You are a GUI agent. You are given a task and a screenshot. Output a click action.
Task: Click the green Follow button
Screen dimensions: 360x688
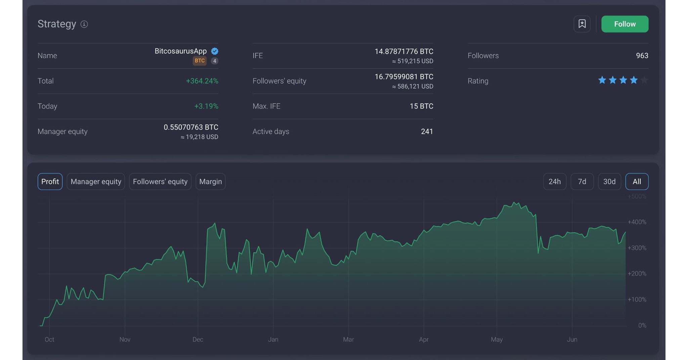point(625,24)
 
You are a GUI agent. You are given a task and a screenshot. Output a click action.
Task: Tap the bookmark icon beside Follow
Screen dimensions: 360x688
point(582,24)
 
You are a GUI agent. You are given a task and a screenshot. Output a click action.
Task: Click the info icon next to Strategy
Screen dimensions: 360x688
point(84,24)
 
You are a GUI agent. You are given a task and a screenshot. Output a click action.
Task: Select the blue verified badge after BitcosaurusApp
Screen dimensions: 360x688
point(215,51)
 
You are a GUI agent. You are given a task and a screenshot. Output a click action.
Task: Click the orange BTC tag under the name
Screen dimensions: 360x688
point(200,61)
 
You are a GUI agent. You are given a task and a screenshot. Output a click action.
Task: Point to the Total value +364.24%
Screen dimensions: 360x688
point(202,81)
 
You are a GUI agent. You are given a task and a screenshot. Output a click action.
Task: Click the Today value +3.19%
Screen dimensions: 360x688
point(206,106)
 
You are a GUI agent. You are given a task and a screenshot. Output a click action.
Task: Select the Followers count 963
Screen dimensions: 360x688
point(642,56)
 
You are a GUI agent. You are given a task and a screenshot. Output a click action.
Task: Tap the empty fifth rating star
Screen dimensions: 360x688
point(644,80)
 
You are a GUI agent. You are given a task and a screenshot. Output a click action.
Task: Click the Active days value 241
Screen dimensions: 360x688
point(427,131)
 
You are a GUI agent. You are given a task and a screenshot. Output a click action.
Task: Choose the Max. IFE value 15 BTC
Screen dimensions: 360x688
point(421,106)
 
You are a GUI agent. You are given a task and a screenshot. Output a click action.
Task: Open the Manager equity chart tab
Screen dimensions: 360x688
point(96,182)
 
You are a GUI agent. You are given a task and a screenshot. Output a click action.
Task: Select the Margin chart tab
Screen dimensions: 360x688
point(210,182)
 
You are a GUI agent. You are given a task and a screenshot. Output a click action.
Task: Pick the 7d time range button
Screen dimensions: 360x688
point(582,182)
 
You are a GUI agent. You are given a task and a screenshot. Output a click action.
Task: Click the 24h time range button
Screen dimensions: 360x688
point(554,182)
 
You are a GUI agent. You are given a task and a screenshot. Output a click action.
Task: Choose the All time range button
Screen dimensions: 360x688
point(637,182)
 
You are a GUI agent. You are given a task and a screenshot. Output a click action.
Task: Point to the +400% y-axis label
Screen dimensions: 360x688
point(637,222)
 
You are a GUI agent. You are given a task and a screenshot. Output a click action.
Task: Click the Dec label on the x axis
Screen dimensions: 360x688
point(198,340)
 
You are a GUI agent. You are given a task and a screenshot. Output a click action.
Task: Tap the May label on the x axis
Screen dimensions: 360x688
point(497,340)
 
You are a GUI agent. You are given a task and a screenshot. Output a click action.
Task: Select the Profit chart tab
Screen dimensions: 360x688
point(50,182)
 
